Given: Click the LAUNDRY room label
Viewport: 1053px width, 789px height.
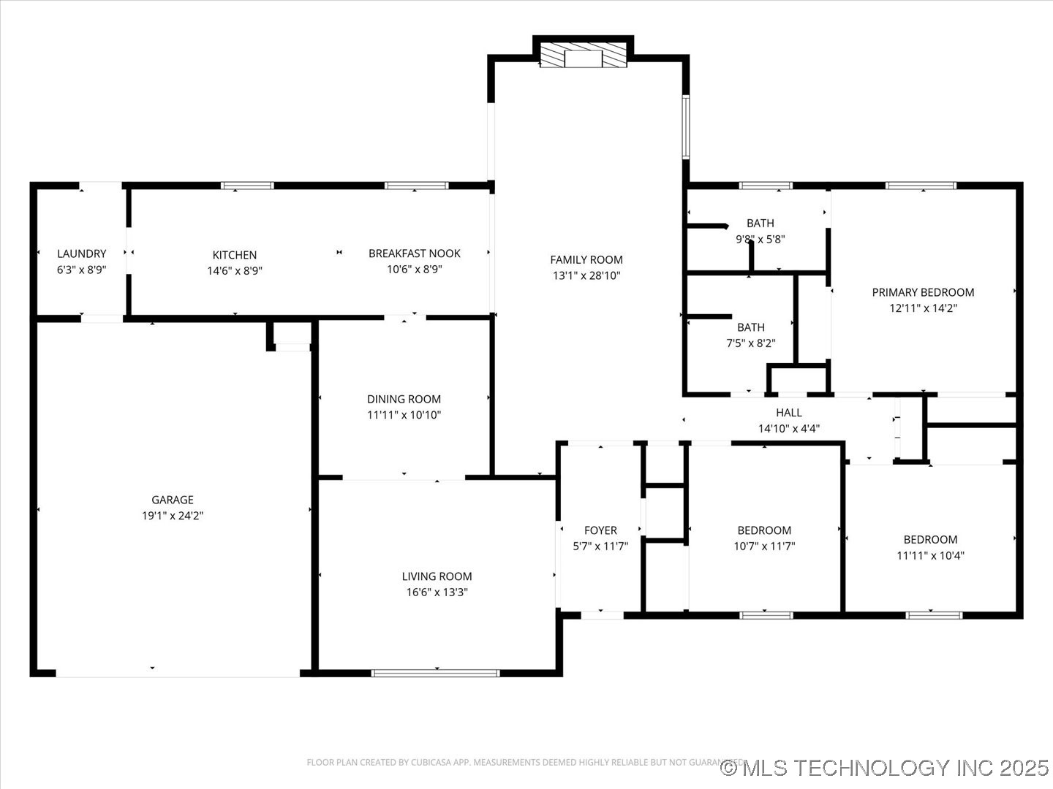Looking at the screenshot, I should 81,254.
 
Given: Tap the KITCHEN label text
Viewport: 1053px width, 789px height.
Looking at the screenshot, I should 234,255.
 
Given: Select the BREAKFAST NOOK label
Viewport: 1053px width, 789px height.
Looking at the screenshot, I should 414,254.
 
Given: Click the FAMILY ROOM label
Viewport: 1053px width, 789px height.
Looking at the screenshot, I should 586,259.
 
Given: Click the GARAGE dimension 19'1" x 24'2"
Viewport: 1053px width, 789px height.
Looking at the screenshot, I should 173,516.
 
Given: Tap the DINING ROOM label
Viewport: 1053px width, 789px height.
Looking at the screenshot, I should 404,399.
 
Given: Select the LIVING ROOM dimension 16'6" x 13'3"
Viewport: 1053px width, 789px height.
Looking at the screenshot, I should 437,592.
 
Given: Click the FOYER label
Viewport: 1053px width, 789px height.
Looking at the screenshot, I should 600,530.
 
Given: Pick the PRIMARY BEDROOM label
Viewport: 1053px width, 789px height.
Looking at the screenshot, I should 923,292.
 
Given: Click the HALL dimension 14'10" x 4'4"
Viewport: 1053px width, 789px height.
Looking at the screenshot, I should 788,429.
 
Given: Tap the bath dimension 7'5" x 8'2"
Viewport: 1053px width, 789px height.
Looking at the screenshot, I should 750,343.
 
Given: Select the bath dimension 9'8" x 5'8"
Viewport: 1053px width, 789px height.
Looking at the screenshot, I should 760,239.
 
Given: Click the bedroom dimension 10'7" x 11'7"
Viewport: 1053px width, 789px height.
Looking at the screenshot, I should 763,546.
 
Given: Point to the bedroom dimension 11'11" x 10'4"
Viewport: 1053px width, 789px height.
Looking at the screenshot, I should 930,555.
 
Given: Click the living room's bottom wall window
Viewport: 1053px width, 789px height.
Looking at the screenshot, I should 436,672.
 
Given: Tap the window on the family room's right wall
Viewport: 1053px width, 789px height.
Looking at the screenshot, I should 686,126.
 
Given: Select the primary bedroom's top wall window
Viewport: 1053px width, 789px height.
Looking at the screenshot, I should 921,186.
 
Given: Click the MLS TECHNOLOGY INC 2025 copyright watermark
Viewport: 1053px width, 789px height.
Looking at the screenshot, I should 884,768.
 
